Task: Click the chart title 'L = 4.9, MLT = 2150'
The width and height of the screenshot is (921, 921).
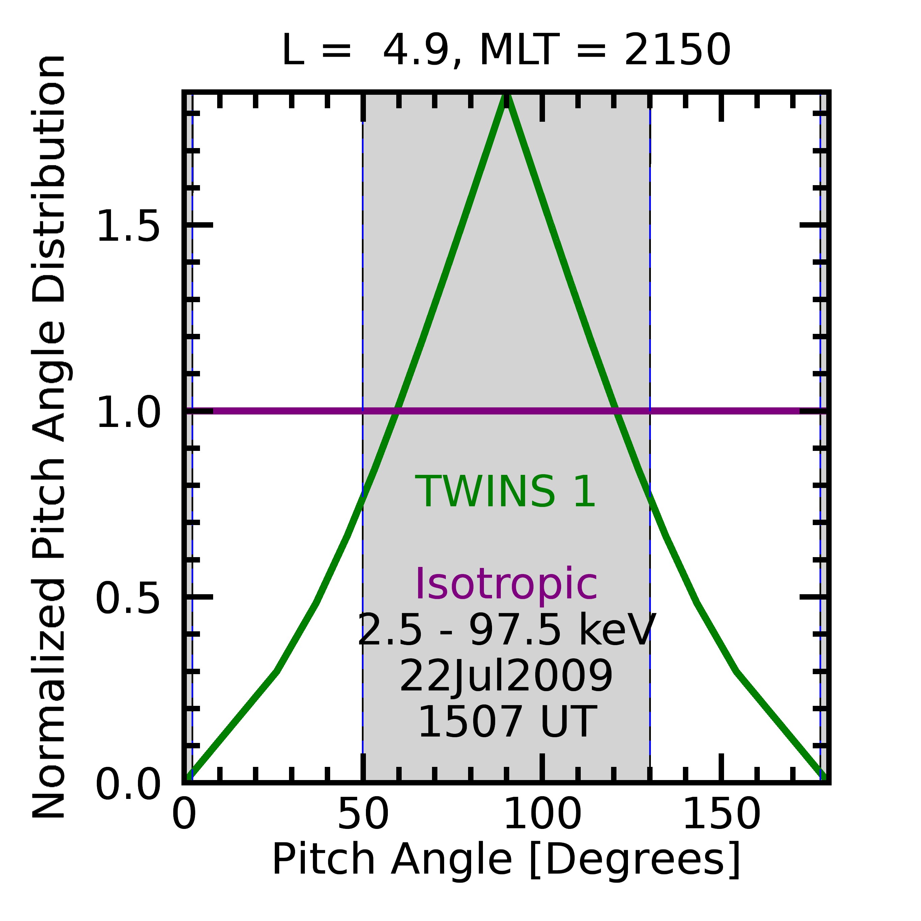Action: click(x=506, y=51)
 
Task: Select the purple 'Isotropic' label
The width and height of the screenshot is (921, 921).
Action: click(x=506, y=584)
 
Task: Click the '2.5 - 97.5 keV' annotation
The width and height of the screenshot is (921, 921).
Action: click(x=506, y=630)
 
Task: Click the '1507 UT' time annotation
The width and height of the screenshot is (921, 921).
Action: click(x=506, y=723)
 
